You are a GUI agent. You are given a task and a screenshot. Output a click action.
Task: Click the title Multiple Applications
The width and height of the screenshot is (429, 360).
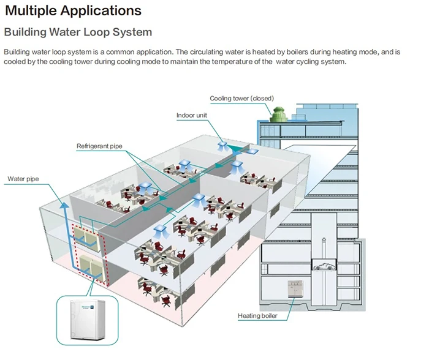point(73,11)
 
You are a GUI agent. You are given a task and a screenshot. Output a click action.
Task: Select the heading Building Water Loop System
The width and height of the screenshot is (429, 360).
point(78,32)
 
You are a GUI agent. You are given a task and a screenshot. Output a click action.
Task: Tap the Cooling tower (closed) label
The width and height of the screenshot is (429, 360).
point(241,99)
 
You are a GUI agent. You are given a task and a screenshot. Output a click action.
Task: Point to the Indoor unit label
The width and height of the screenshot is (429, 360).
point(192,115)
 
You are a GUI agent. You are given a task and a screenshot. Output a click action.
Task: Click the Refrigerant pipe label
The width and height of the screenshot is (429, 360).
point(100,146)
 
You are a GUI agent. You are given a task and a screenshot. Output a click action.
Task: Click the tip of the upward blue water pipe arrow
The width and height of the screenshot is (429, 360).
point(63,203)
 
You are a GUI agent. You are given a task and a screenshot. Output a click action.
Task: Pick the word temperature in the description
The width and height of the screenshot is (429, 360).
point(228,61)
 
